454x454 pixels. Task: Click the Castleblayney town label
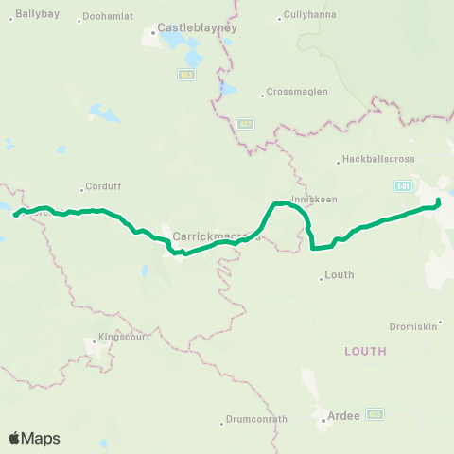(x=197, y=28)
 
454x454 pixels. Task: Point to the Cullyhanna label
(x=312, y=16)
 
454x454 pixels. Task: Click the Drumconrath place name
(x=255, y=420)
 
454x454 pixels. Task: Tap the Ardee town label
(x=342, y=414)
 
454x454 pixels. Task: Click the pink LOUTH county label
(x=365, y=351)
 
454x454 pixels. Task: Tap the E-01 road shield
(x=404, y=186)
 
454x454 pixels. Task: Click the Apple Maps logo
(x=33, y=438)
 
